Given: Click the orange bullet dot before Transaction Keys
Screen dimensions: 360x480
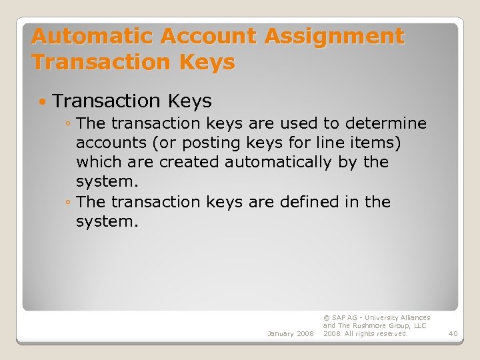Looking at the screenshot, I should coord(43,102).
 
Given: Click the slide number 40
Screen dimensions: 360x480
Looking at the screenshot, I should coord(453,333).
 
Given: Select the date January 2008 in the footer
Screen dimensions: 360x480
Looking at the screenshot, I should coord(291,333).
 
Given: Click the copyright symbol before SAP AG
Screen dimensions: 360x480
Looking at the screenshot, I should coord(326,318).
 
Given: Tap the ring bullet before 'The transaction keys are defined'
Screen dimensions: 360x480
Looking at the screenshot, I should coord(69,202).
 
